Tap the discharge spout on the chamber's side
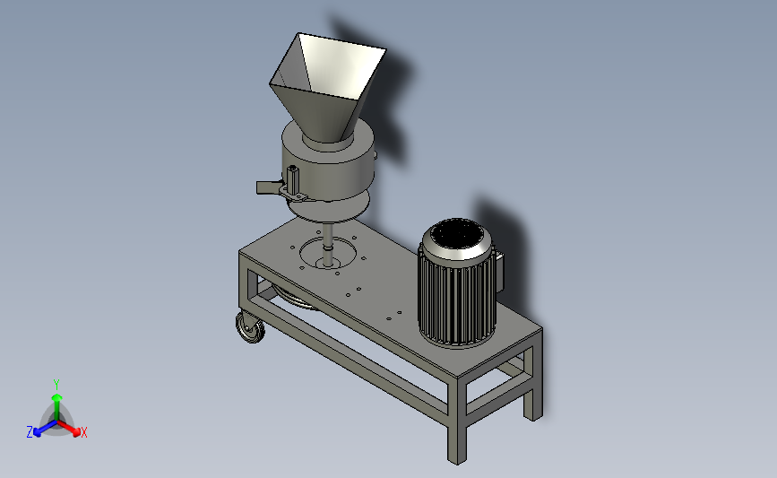click(268, 187)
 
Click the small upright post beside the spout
click(292, 179)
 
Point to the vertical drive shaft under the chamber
click(327, 243)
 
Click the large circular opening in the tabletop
click(327, 253)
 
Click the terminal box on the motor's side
click(499, 270)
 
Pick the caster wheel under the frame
click(251, 327)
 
